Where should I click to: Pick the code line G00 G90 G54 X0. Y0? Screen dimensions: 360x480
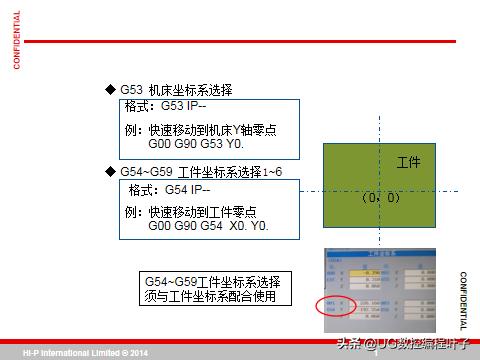(208, 226)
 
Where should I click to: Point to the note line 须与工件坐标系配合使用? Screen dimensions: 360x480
(217, 297)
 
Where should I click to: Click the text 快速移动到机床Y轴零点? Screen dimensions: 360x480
(212, 130)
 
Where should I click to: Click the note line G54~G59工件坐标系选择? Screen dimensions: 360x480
(212, 282)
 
